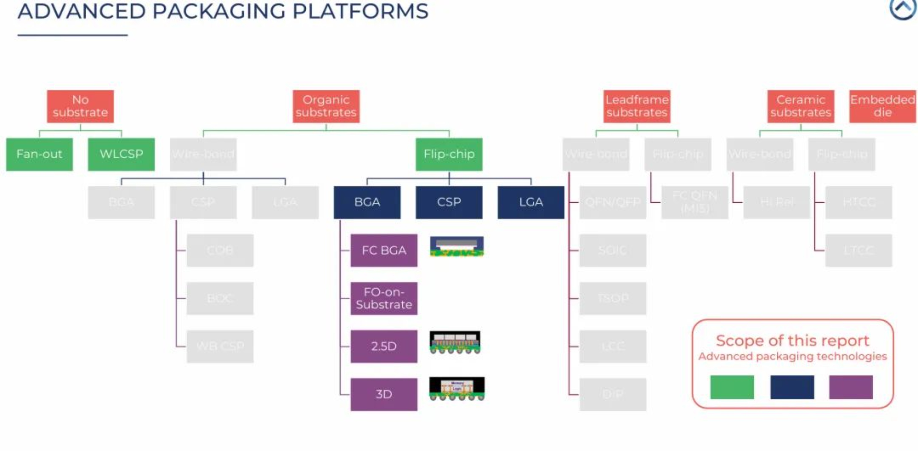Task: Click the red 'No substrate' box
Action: coord(80,106)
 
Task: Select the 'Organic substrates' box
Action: coord(326,106)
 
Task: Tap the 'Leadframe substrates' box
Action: coord(637,106)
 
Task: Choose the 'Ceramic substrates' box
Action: coord(801,106)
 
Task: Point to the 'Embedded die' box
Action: coord(883,106)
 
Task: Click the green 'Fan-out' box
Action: coord(39,154)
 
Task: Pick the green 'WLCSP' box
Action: coord(121,154)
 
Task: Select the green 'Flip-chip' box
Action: coord(449,154)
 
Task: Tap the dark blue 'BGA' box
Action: coord(367,202)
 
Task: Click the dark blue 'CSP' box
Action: coord(449,202)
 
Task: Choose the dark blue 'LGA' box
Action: coord(531,202)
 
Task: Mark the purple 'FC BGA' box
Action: coord(384,250)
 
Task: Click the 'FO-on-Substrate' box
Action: coord(384,298)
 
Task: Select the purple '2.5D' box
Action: coord(384,346)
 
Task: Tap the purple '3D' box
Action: coord(384,394)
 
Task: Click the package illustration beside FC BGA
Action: coord(457,246)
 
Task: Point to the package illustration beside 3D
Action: coord(457,389)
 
